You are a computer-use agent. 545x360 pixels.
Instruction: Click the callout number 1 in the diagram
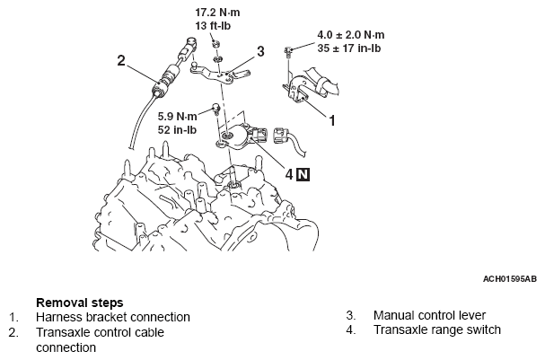(x=331, y=118)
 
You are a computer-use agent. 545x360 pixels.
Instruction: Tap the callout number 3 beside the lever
(x=260, y=52)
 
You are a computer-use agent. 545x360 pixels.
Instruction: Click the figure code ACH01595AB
(x=509, y=279)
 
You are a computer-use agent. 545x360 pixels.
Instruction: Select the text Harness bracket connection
(x=113, y=317)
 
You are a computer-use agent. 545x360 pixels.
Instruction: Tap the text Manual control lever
(x=428, y=316)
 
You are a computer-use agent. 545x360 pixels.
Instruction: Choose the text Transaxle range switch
(x=437, y=330)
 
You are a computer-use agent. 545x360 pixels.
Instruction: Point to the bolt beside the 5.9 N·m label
(x=215, y=110)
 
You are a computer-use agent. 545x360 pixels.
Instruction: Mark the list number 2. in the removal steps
(x=14, y=331)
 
